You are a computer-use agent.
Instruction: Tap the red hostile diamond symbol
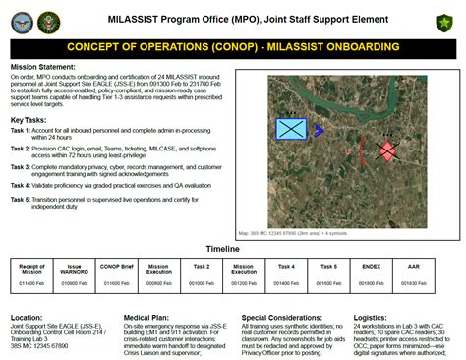pos(387,150)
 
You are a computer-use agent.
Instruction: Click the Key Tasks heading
pos(32,119)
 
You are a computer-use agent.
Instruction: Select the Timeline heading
pos(233,250)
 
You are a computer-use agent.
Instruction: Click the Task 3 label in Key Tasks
pos(21,166)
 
